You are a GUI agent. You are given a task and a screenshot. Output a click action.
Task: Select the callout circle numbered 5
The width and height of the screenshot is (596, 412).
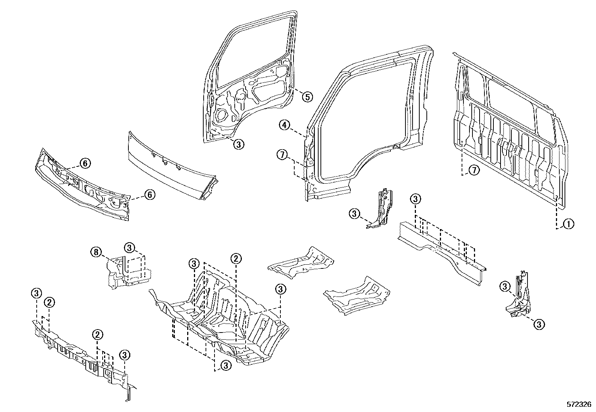pyautogui.click(x=307, y=97)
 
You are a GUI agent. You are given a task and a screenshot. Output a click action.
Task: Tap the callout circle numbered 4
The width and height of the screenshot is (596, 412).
pyautogui.click(x=285, y=125)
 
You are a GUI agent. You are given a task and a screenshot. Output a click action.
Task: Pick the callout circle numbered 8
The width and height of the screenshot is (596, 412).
pyautogui.click(x=96, y=252)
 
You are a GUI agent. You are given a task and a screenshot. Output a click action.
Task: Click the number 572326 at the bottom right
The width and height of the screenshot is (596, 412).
pyautogui.click(x=578, y=405)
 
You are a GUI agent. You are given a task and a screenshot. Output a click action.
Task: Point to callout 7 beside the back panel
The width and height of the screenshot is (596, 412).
pyautogui.click(x=474, y=171)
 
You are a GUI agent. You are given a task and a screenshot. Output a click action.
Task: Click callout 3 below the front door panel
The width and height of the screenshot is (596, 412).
pyautogui.click(x=239, y=144)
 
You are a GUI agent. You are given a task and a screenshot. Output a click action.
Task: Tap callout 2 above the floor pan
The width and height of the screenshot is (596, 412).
pyautogui.click(x=236, y=258)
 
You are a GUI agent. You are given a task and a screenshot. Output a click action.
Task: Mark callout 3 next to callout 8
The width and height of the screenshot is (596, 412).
pyautogui.click(x=129, y=247)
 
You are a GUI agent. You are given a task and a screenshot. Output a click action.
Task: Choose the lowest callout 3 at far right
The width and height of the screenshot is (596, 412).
pyautogui.click(x=538, y=324)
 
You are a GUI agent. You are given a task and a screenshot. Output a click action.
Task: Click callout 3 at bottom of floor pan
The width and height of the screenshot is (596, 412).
pyautogui.click(x=226, y=366)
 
